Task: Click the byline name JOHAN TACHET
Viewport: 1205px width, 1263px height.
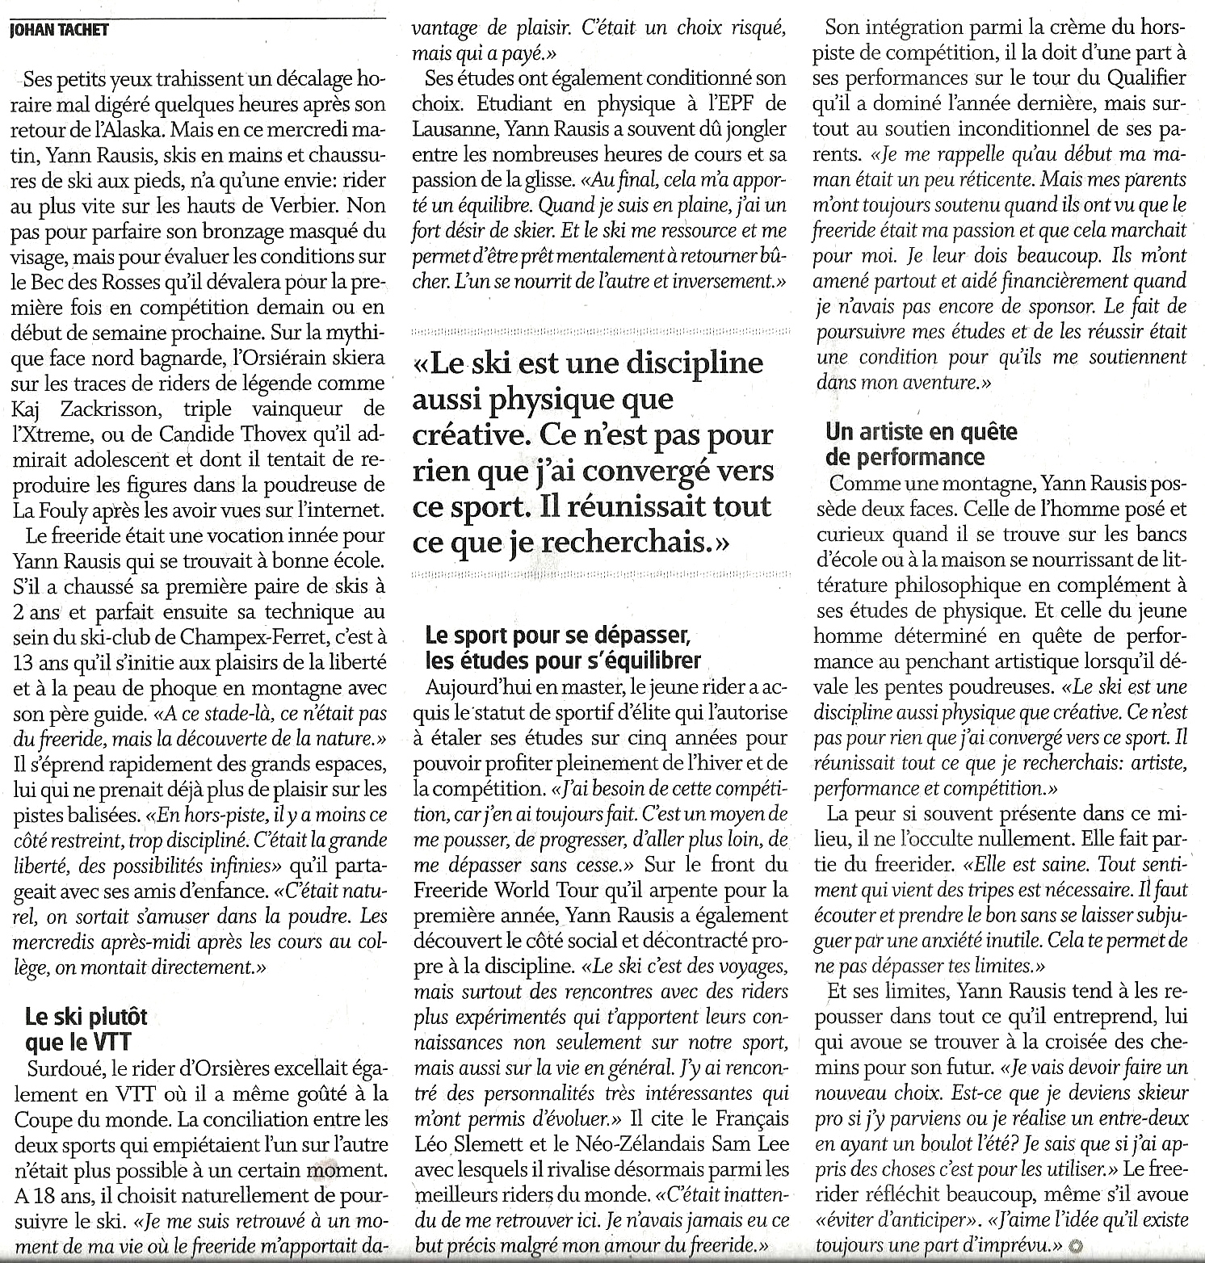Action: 57,31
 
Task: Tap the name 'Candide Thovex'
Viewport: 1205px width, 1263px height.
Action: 216,434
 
